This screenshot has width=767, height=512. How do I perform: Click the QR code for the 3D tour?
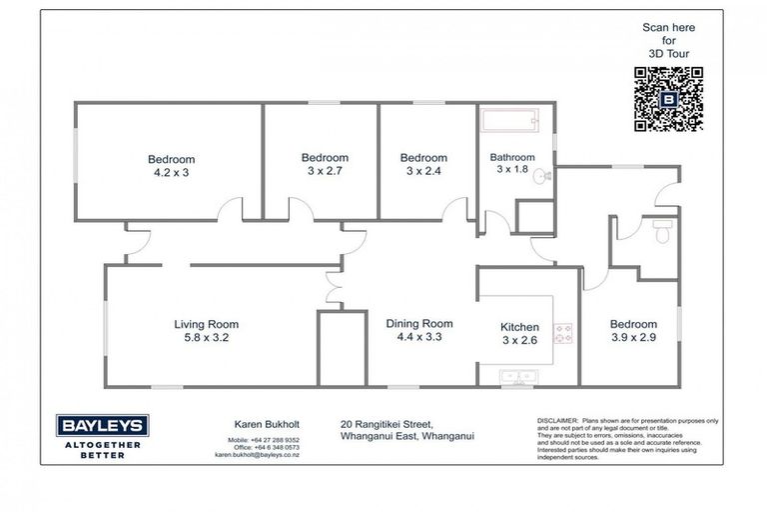click(667, 98)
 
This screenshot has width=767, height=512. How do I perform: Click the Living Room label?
click(206, 324)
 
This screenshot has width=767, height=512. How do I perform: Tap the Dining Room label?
click(419, 323)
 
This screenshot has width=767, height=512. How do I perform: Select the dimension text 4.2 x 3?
click(171, 172)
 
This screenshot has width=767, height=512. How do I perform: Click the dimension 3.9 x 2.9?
click(633, 338)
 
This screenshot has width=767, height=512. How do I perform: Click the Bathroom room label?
click(511, 157)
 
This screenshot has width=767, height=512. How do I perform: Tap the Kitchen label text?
click(519, 327)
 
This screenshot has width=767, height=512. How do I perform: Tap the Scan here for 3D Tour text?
click(669, 41)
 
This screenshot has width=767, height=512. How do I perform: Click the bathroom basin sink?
click(539, 177)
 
